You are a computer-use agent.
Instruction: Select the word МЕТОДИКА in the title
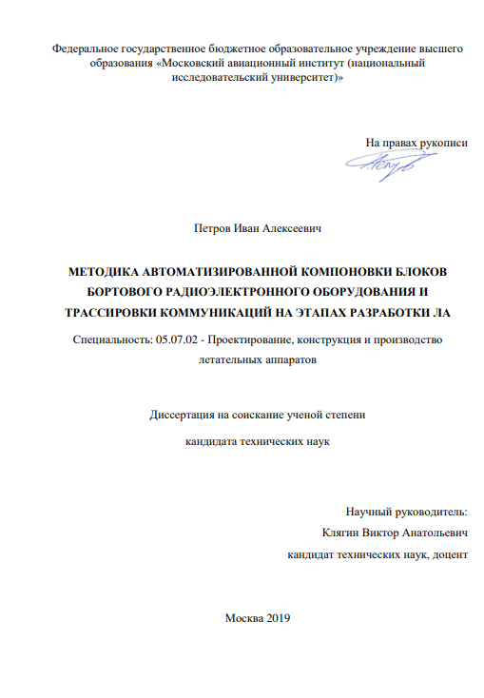[x=105, y=270]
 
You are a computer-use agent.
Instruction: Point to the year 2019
[x=274, y=617]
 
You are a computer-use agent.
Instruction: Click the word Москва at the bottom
[x=241, y=617]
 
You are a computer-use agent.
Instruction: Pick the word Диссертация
[x=184, y=415]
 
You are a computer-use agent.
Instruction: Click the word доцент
[x=449, y=553]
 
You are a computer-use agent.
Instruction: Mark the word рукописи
[x=444, y=142]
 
